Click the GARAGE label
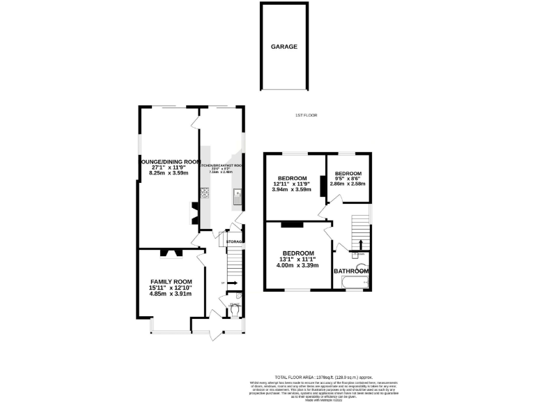tap(284, 47)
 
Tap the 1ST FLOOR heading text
tap(306, 115)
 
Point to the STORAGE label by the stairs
tap(235, 241)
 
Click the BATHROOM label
tap(351, 271)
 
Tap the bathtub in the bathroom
tap(353, 282)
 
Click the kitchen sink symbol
tap(238, 196)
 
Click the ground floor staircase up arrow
tap(233, 283)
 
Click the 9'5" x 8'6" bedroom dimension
tap(348, 179)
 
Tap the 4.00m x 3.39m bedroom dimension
tap(297, 265)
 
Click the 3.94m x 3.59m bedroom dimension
tap(292, 189)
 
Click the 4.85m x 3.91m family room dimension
tap(171, 294)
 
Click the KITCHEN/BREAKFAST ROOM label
tap(221, 165)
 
